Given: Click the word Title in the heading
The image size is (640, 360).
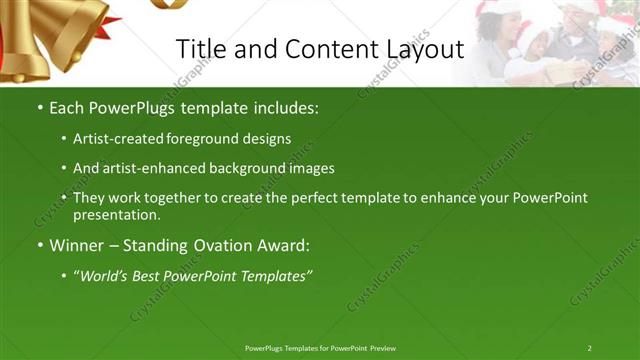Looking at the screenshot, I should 198,49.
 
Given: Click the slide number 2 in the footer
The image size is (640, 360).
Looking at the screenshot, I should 589,347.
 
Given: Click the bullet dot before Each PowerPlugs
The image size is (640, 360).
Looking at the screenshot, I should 39,107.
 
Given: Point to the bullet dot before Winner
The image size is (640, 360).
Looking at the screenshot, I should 39,245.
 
